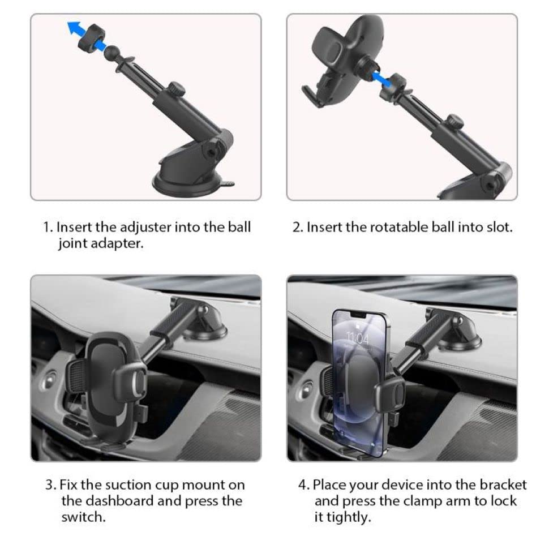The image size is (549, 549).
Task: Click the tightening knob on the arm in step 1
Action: [x=176, y=89]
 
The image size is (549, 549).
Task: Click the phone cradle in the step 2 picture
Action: [x=342, y=60]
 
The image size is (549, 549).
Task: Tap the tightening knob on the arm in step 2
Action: [x=455, y=122]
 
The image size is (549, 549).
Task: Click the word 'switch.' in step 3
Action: [x=83, y=517]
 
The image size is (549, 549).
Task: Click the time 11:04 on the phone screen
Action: [x=358, y=338]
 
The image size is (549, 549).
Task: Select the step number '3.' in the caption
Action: [x=51, y=485]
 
